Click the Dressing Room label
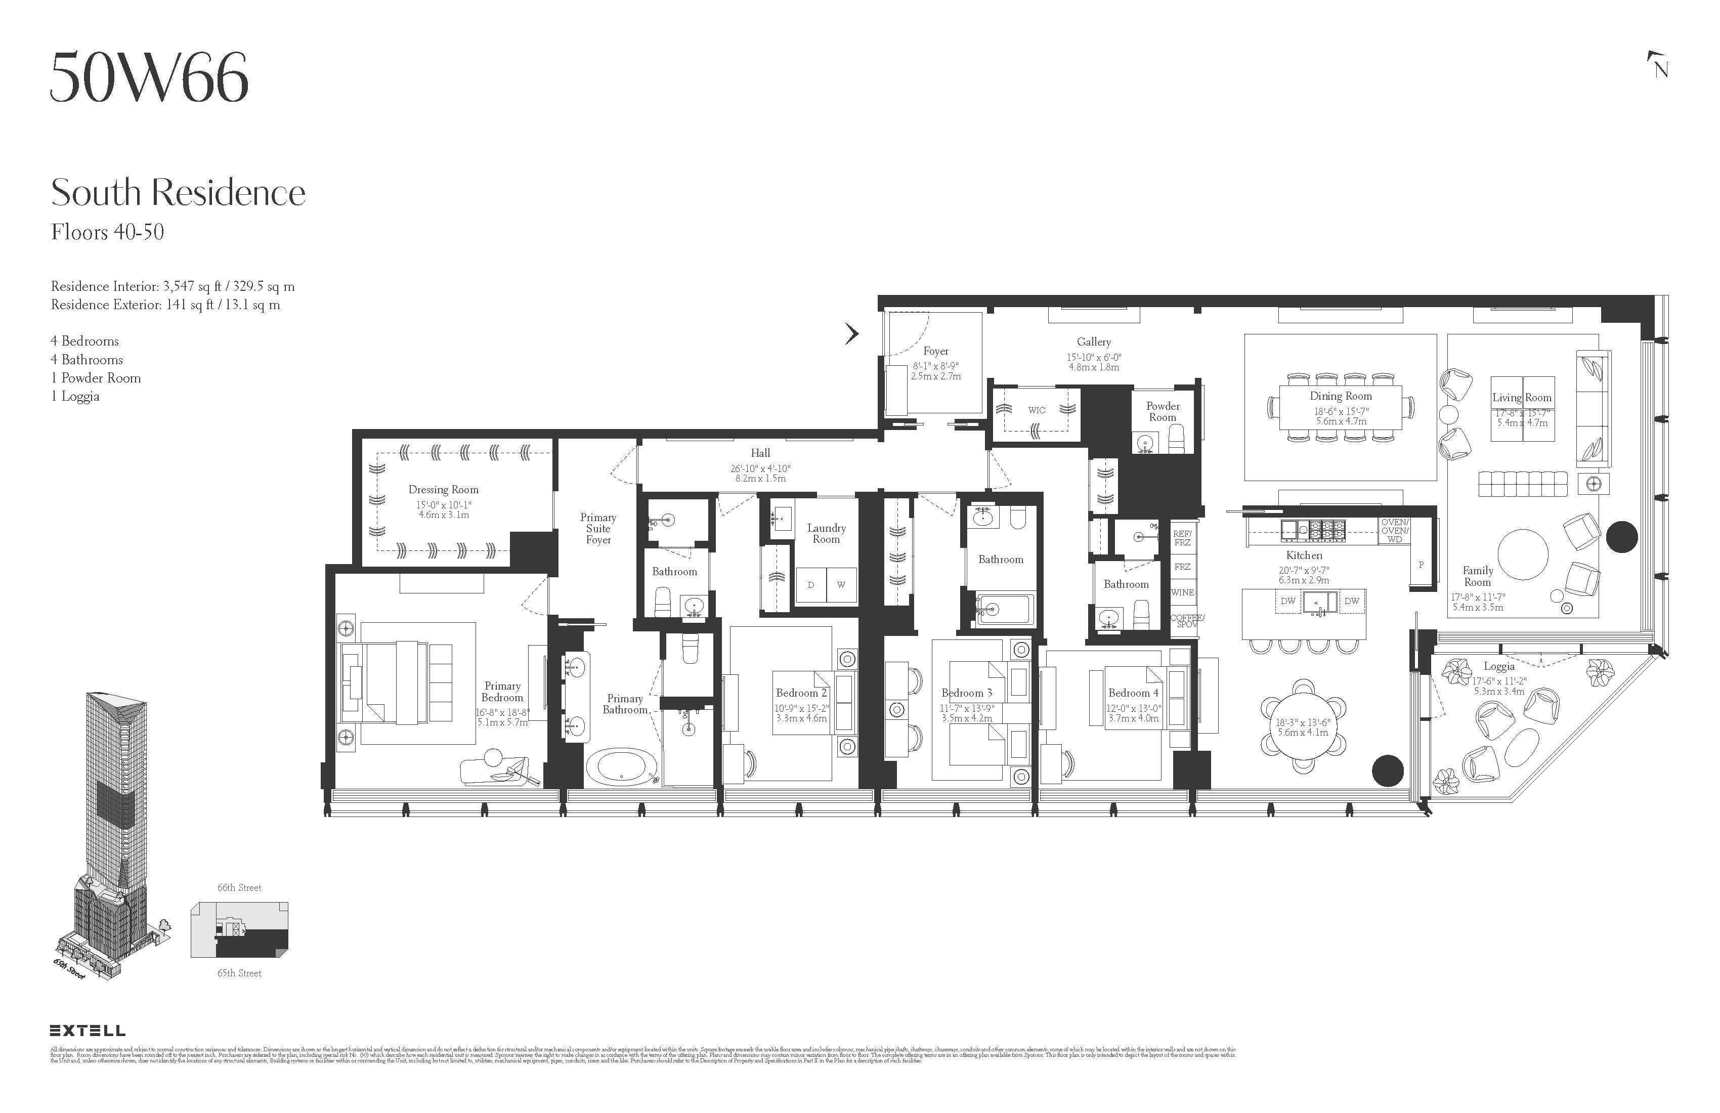coord(443,489)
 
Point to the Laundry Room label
coord(826,533)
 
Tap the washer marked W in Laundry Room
coord(840,585)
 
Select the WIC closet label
coord(1037,410)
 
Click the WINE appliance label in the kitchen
coord(1182,592)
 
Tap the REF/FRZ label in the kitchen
coord(1182,538)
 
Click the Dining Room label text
coord(1341,396)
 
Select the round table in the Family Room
coord(1523,554)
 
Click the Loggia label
coord(1499,666)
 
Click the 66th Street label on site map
coord(239,887)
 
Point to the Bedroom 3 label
coord(966,693)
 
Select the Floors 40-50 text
coord(108,232)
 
